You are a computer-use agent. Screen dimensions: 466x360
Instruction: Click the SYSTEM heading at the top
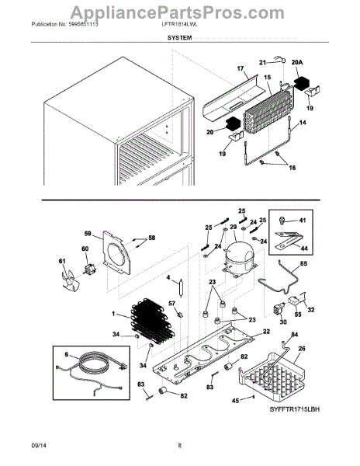coord(179,46)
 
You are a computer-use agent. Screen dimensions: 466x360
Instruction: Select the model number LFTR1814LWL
coord(179,35)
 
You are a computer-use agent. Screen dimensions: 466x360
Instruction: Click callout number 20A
coord(298,64)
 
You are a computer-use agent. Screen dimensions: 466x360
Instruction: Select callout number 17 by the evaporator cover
coord(241,68)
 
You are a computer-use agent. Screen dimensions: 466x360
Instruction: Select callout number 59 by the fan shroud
coord(88,231)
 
